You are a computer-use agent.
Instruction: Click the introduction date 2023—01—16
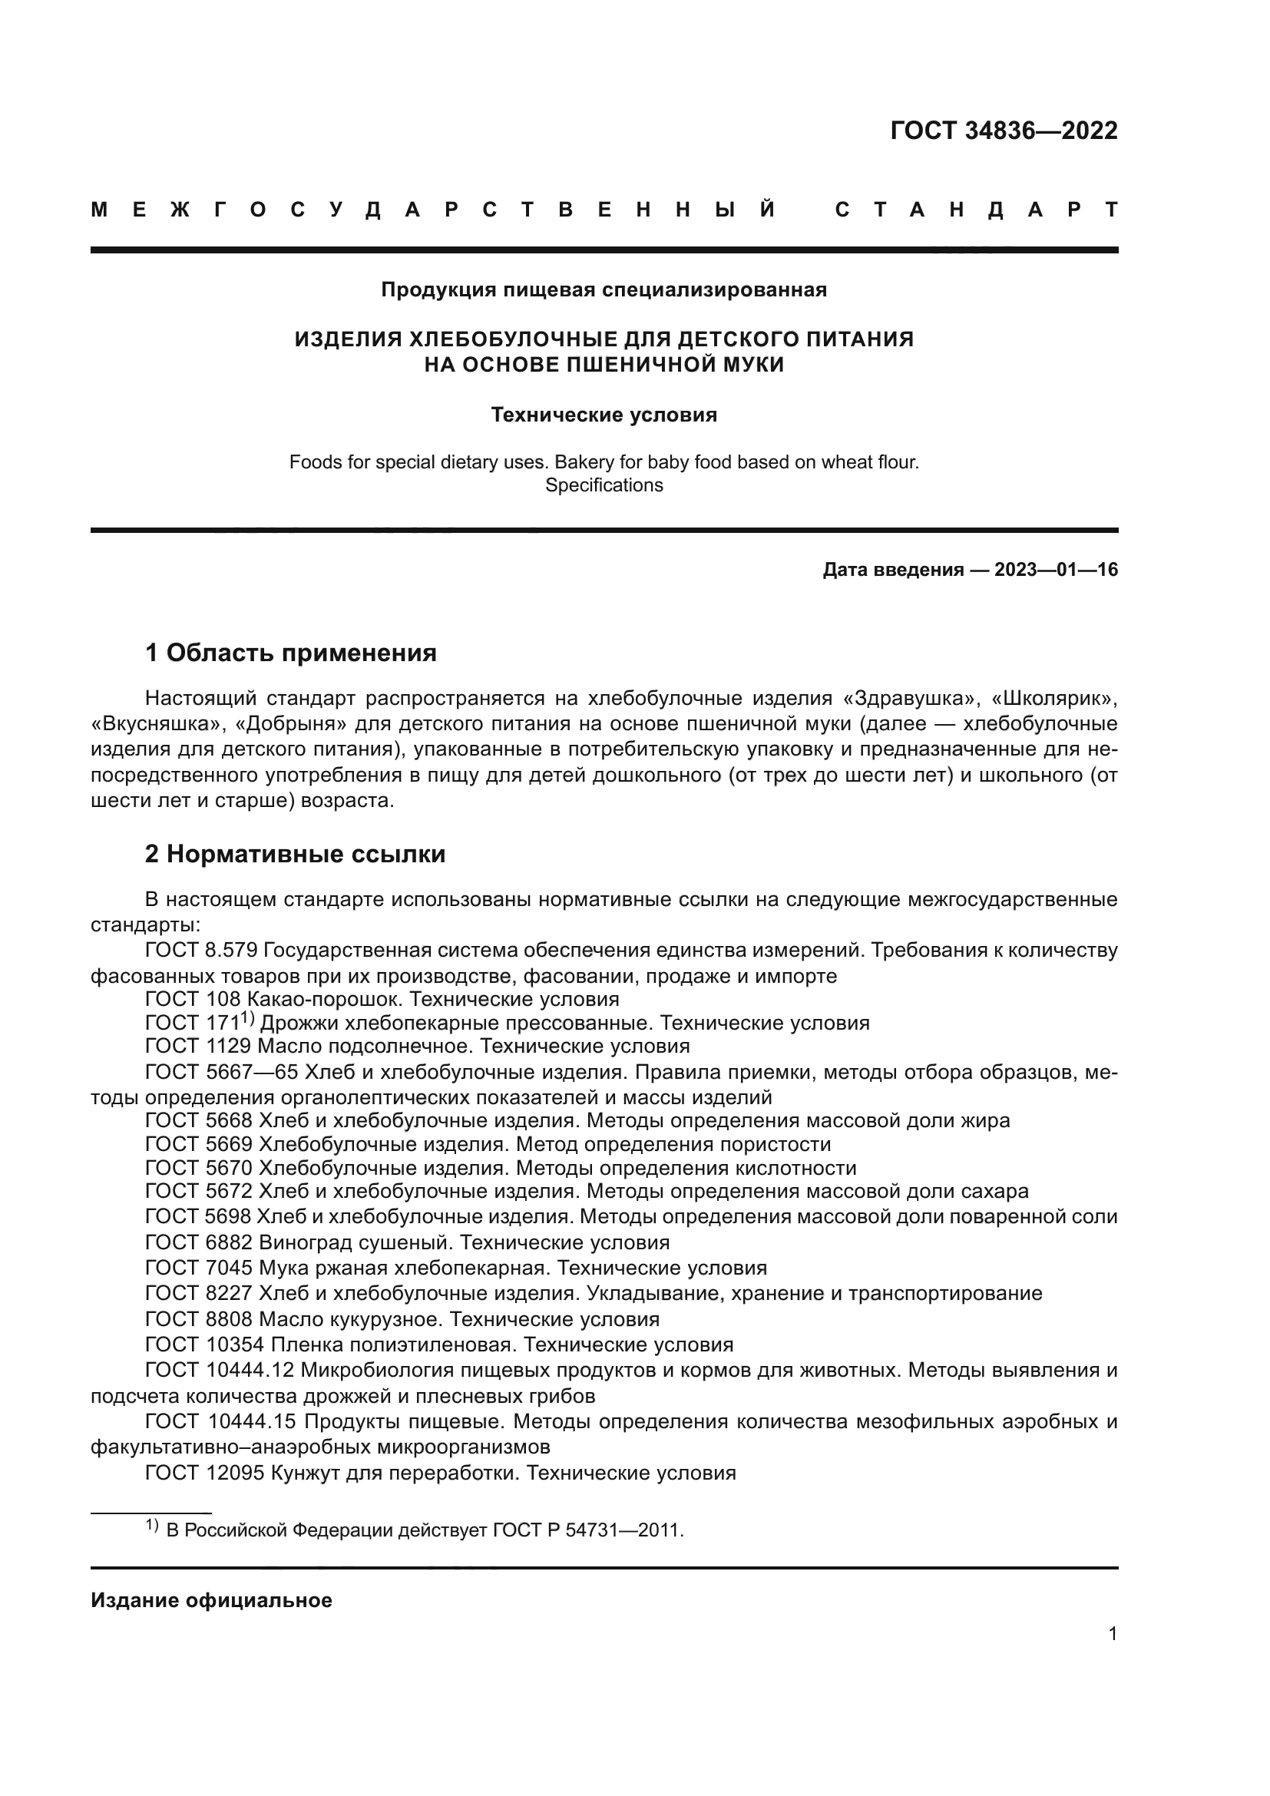pyautogui.click(x=1056, y=570)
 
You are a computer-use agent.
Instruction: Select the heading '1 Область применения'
pyautogui.click(x=290, y=653)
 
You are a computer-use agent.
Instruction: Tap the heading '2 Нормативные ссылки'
pyautogui.click(x=295, y=853)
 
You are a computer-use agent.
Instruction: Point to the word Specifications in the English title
pyautogui.click(x=604, y=485)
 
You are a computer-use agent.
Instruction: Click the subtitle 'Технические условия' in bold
pyautogui.click(x=604, y=415)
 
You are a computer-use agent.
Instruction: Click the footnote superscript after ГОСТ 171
pyautogui.click(x=249, y=1017)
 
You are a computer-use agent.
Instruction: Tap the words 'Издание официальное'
pyautogui.click(x=211, y=1600)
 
